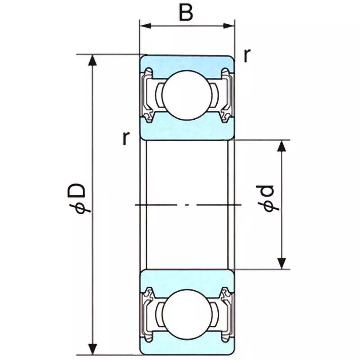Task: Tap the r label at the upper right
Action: (247, 55)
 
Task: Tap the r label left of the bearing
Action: (126, 138)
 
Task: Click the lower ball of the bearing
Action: (186, 311)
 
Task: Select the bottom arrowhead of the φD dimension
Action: (93, 348)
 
